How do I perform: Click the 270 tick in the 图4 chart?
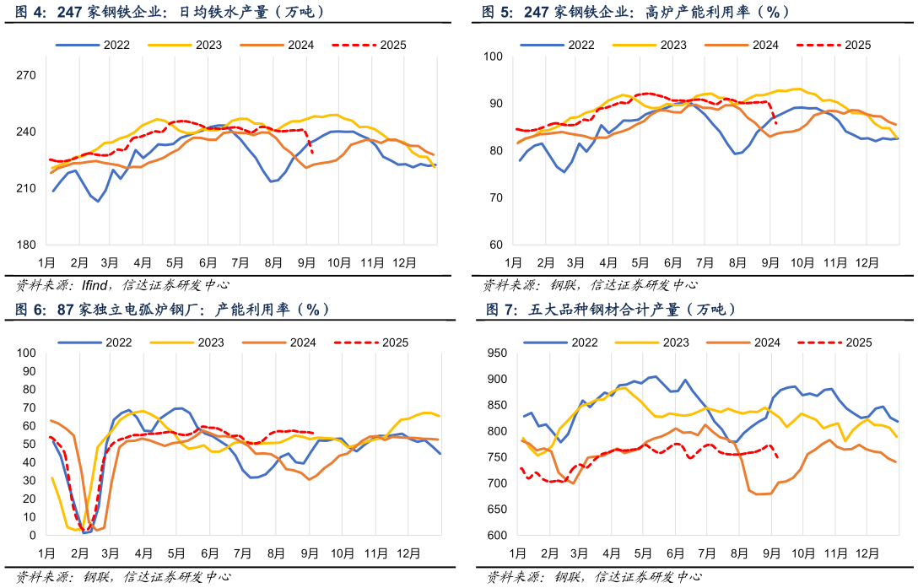click(26, 75)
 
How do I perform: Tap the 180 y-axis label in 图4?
click(26, 245)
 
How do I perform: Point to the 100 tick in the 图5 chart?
click(493, 57)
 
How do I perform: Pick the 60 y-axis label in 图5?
click(496, 245)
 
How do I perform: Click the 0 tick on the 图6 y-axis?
click(31, 535)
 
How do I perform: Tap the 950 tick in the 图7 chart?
click(498, 353)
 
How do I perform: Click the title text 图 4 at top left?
click(32, 13)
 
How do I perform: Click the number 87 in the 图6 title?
click(66, 310)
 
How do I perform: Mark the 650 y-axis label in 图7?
click(498, 510)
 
